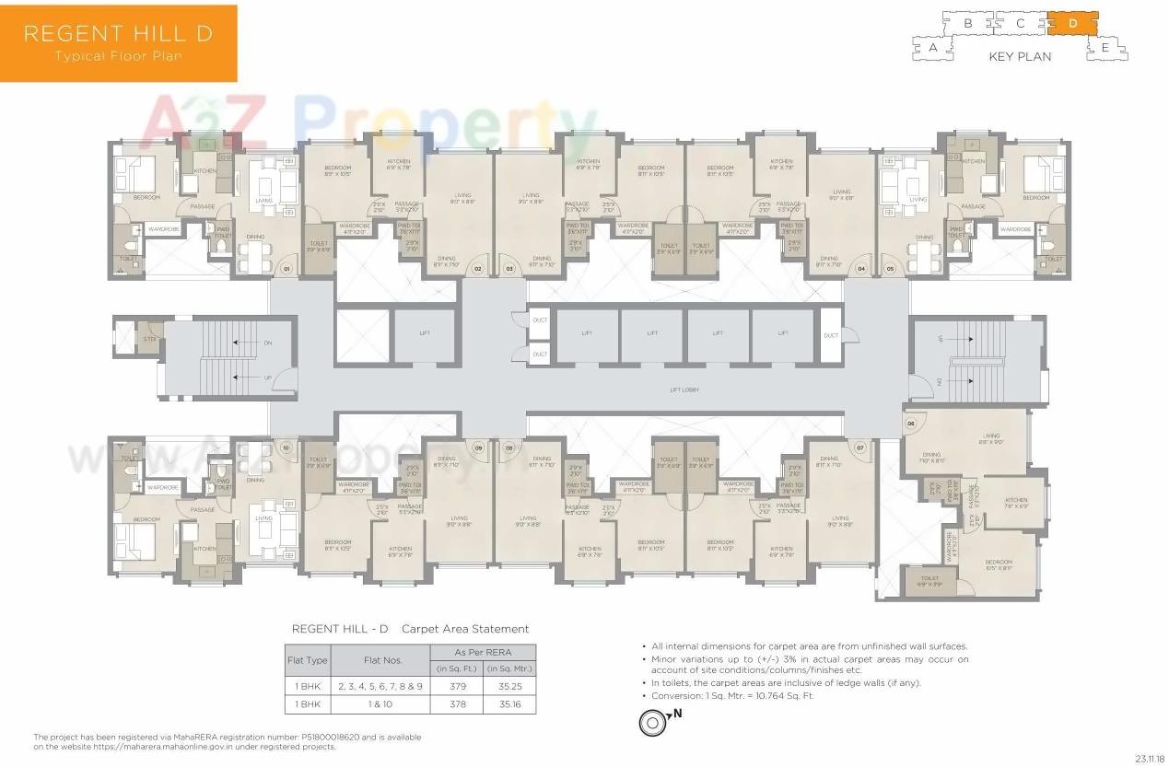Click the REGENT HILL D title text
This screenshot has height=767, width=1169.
click(x=118, y=34)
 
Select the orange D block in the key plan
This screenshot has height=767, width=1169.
click(x=1072, y=23)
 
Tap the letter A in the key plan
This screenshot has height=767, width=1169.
click(x=933, y=46)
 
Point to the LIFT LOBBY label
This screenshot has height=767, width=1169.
click(x=684, y=390)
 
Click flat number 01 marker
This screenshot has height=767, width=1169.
click(x=286, y=269)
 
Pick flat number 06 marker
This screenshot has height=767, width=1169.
click(x=911, y=424)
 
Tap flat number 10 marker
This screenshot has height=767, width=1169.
click(x=286, y=447)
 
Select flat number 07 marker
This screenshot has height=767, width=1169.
click(x=861, y=447)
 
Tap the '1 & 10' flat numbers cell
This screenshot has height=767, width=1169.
click(x=380, y=704)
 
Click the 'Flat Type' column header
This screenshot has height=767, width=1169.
click(x=308, y=660)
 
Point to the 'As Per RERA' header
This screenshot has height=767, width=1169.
click(x=484, y=652)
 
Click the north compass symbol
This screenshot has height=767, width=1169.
click(x=652, y=723)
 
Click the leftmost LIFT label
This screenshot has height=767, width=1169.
click(x=424, y=334)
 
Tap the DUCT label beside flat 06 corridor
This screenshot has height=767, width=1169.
click(x=831, y=335)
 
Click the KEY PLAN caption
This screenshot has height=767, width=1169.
click(x=1020, y=57)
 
